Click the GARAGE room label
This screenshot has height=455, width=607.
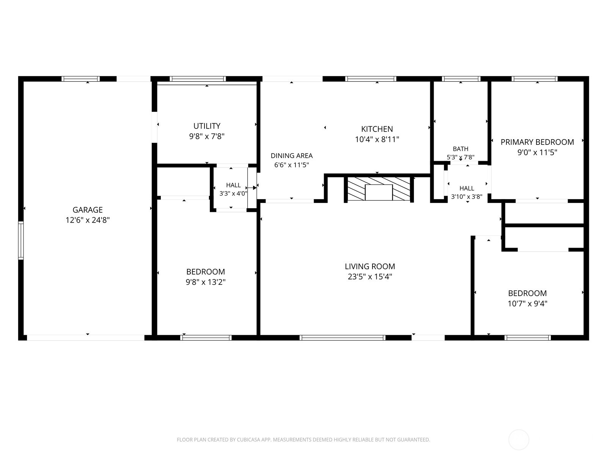88,210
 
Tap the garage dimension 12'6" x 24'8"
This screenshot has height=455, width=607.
88,220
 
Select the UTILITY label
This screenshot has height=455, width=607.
207,126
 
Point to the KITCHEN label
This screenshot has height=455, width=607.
377,129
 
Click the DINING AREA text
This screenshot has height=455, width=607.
291,155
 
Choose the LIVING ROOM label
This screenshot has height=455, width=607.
370,266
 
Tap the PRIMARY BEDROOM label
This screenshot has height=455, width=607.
537,142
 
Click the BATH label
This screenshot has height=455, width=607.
461,149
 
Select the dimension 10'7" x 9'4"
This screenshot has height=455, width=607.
527,304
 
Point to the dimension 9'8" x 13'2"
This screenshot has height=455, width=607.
206,282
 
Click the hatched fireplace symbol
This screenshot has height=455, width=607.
379,189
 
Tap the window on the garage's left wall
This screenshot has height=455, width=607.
21,240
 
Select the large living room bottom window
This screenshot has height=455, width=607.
342,337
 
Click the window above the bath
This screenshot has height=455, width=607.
461,79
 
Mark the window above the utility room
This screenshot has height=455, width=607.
198,79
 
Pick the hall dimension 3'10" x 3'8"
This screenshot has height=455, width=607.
467,197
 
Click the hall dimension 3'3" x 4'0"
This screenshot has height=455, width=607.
233,193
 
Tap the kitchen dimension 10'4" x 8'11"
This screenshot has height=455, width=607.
377,139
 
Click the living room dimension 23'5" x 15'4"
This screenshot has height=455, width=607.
370,276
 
